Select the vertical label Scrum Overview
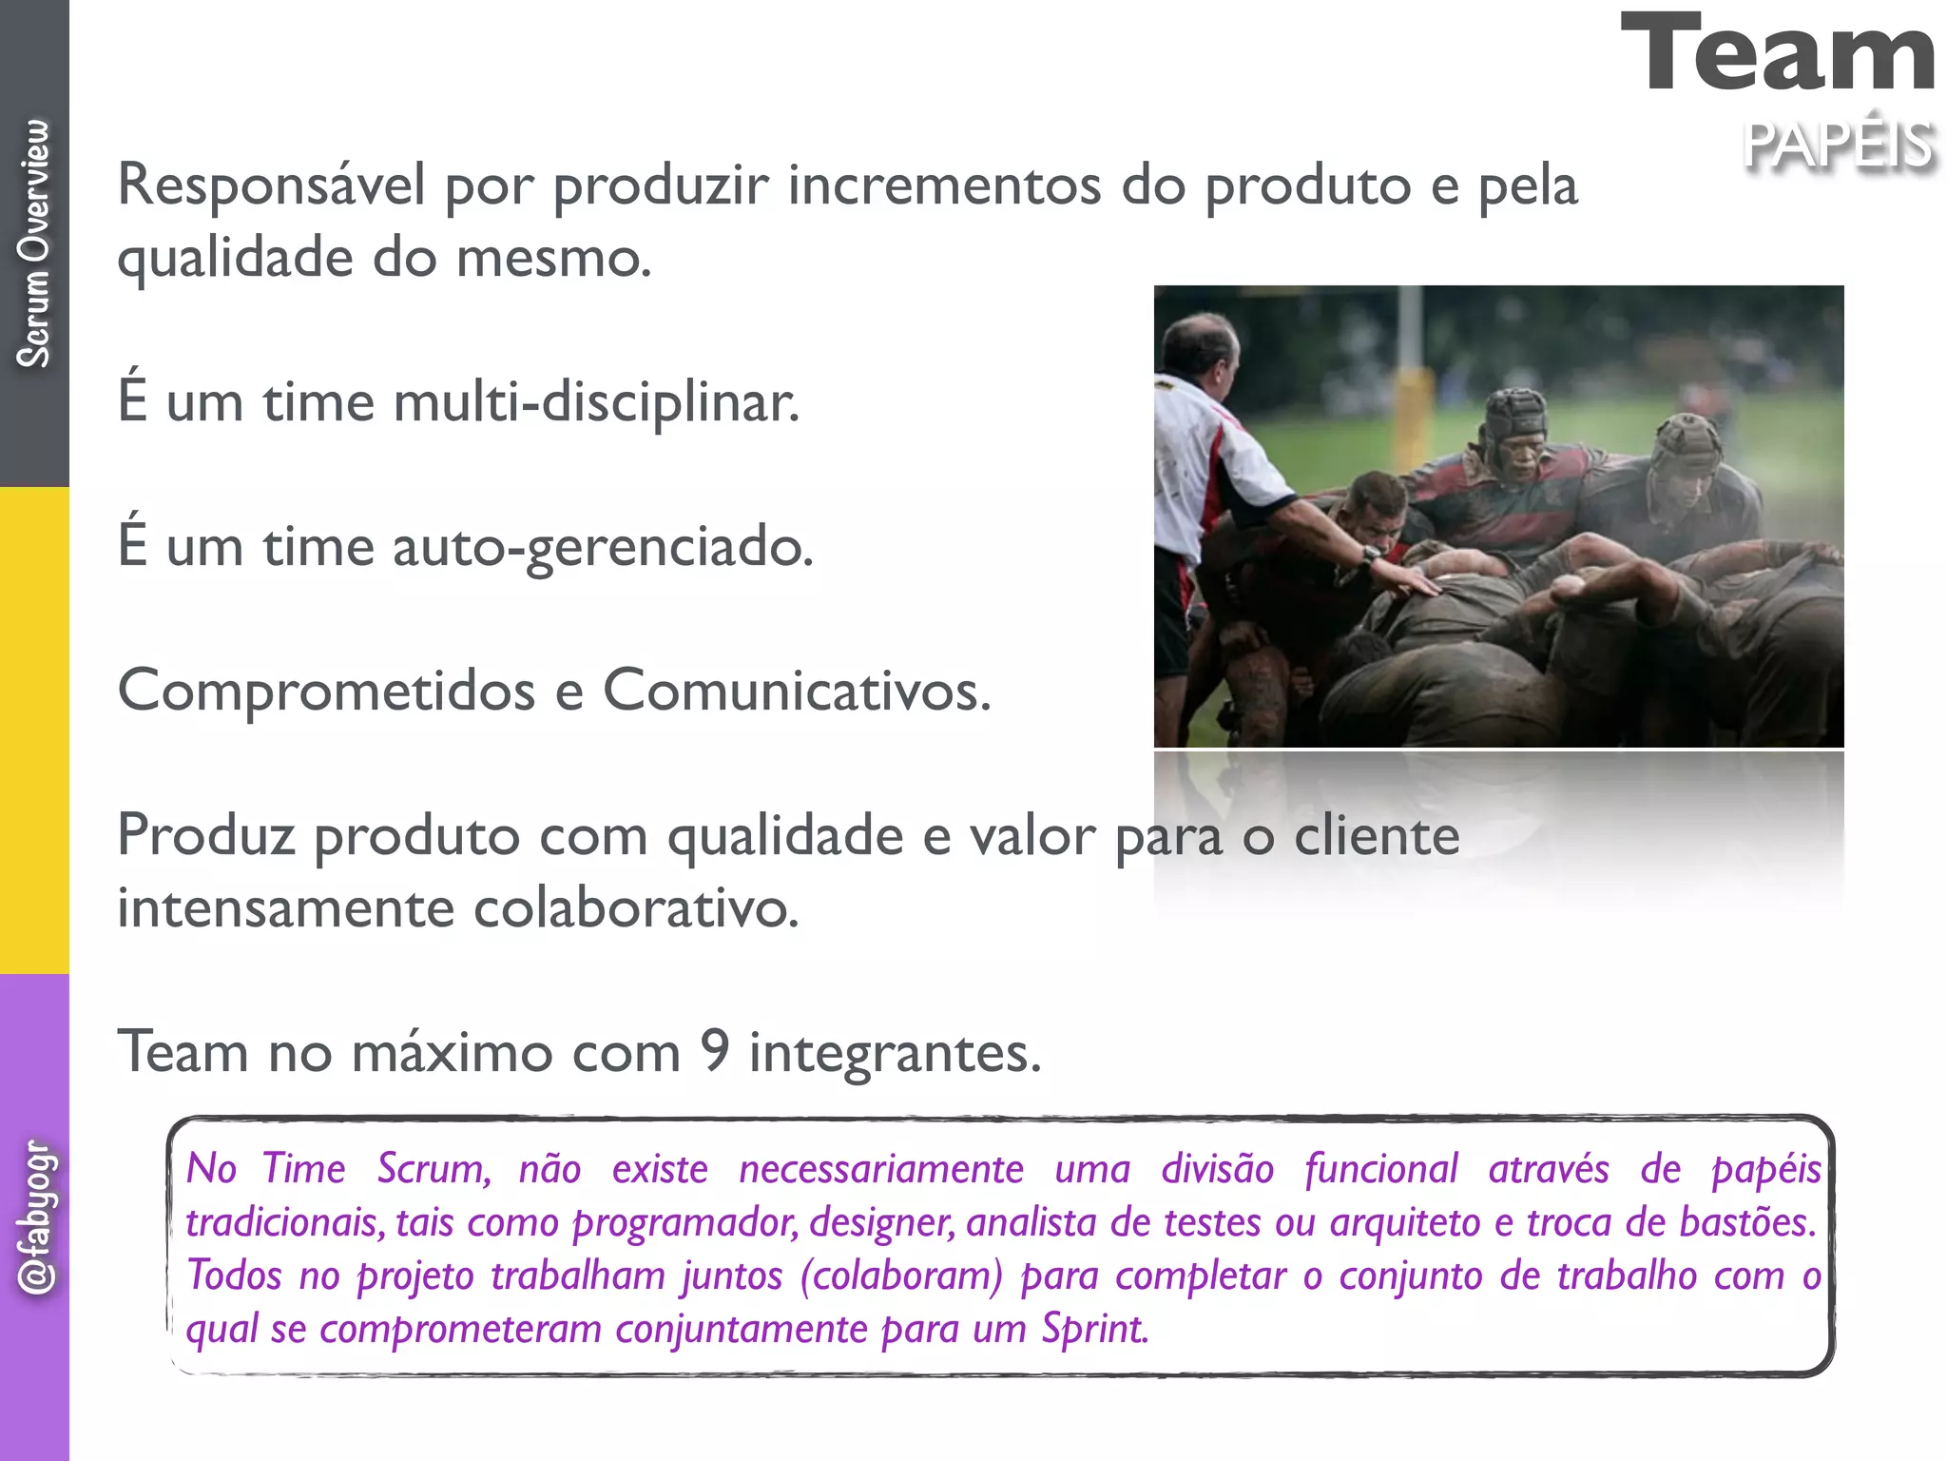(x=34, y=243)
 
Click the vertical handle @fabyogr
(x=36, y=1217)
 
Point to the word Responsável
(x=271, y=185)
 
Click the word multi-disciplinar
(x=596, y=402)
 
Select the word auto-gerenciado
(x=603, y=548)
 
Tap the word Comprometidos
(x=326, y=691)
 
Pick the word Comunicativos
(x=797, y=691)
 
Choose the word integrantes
(x=895, y=1053)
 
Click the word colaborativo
(x=636, y=908)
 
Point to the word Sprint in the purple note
(x=1094, y=1328)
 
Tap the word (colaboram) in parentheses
(x=901, y=1276)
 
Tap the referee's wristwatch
(x=1371, y=555)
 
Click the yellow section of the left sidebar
(x=34, y=730)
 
